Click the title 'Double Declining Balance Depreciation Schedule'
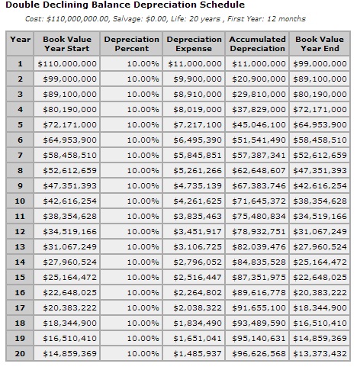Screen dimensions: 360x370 pyautogui.click(x=114, y=6)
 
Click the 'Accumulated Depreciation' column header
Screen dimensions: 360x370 pyautogui.click(x=258, y=43)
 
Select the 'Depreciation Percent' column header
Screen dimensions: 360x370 pyautogui.click(x=132, y=43)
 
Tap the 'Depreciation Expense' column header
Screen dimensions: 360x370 pyautogui.click(x=194, y=43)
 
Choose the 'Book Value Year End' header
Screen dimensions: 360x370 pyautogui.click(x=320, y=43)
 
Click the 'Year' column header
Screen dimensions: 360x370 pyautogui.click(x=21, y=39)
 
